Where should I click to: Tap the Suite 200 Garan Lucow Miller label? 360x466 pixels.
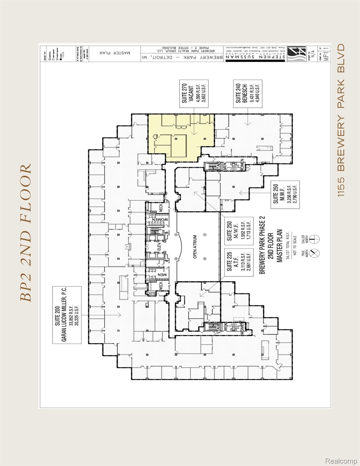pyautogui.click(x=67, y=314)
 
